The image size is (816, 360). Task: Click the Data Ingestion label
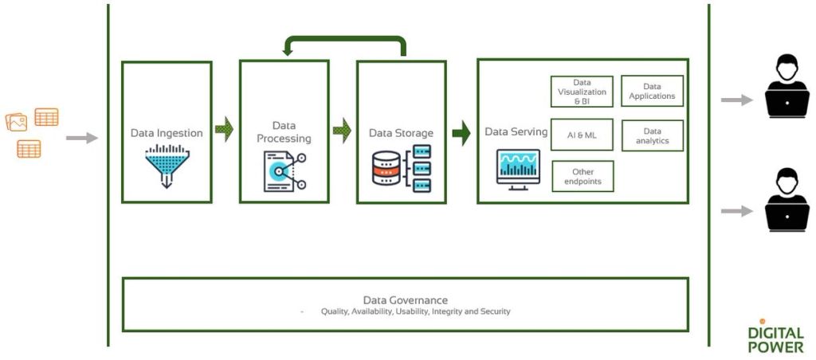pos(167,133)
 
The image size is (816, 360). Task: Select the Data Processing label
pos(284,131)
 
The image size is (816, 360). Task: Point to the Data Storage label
pos(401,133)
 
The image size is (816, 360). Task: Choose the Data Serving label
pos(516,131)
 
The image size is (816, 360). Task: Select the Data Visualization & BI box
pos(582,92)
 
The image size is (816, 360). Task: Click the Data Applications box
pos(652,92)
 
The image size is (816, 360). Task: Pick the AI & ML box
pos(582,135)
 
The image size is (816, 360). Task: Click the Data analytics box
pos(652,135)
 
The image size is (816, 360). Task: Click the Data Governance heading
pos(405,299)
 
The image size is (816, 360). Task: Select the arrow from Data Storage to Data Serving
pos(461,132)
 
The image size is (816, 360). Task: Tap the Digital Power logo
pos(775,336)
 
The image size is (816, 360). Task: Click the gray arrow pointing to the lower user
pos(736,211)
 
